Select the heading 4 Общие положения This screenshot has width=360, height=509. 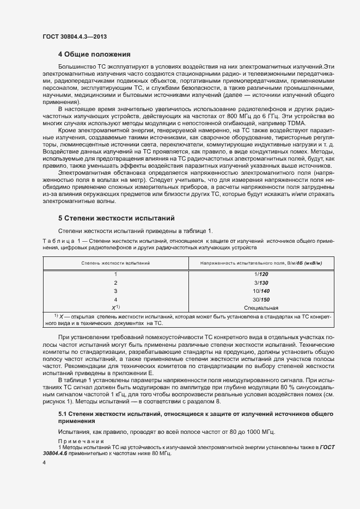click(94, 54)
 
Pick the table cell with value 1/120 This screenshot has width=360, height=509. click(261, 274)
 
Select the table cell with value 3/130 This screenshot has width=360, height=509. click(261, 283)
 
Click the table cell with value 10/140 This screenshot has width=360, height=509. click(261, 291)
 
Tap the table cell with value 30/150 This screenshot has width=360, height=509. click(261, 299)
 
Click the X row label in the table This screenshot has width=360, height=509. click(114, 308)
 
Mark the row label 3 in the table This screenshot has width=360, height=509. click(115, 291)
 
